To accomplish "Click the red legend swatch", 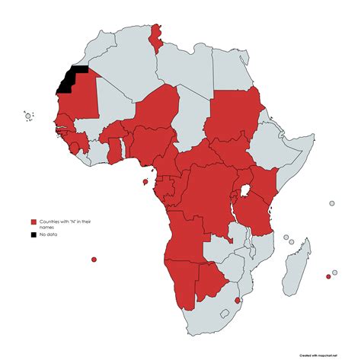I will point(34,221).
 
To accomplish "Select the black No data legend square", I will point(34,234).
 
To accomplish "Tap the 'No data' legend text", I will point(49,234).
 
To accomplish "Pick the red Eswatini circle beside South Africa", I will point(238,301).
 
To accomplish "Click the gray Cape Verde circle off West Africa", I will point(28,116).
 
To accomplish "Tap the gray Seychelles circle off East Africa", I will point(332,203).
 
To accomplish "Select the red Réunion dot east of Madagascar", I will point(328,276).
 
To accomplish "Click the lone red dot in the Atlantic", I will point(94,260).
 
